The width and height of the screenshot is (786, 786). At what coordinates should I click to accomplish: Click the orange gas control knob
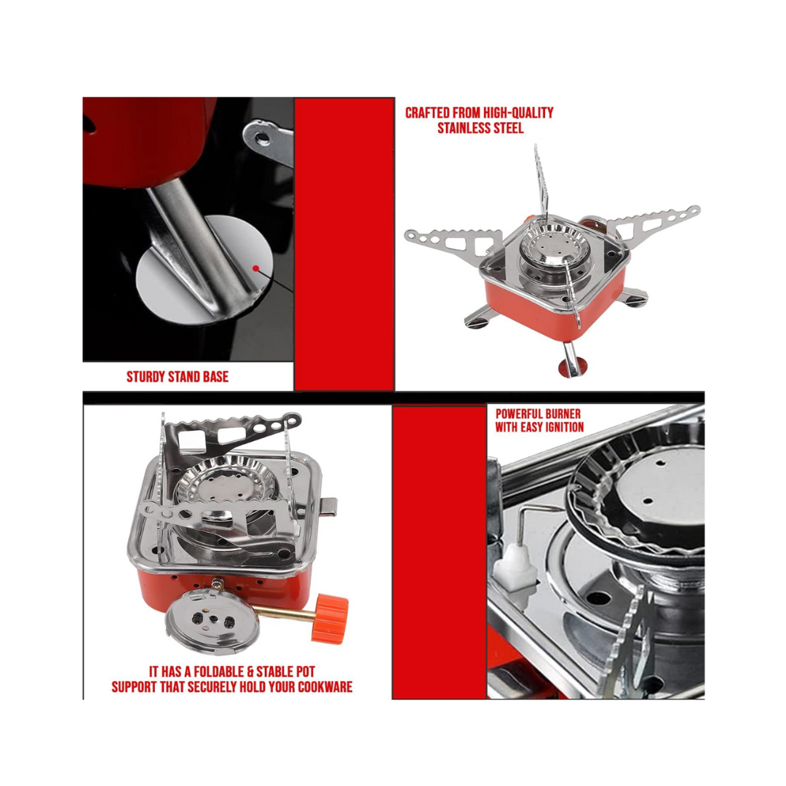pos(330,618)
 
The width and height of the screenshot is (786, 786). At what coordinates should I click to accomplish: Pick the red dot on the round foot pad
pos(255,269)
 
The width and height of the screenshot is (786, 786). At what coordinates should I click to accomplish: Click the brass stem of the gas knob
pos(283,611)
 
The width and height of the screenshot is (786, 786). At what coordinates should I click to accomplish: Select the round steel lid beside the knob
pos(212,622)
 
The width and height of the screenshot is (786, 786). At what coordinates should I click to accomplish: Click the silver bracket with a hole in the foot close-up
pos(269,143)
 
